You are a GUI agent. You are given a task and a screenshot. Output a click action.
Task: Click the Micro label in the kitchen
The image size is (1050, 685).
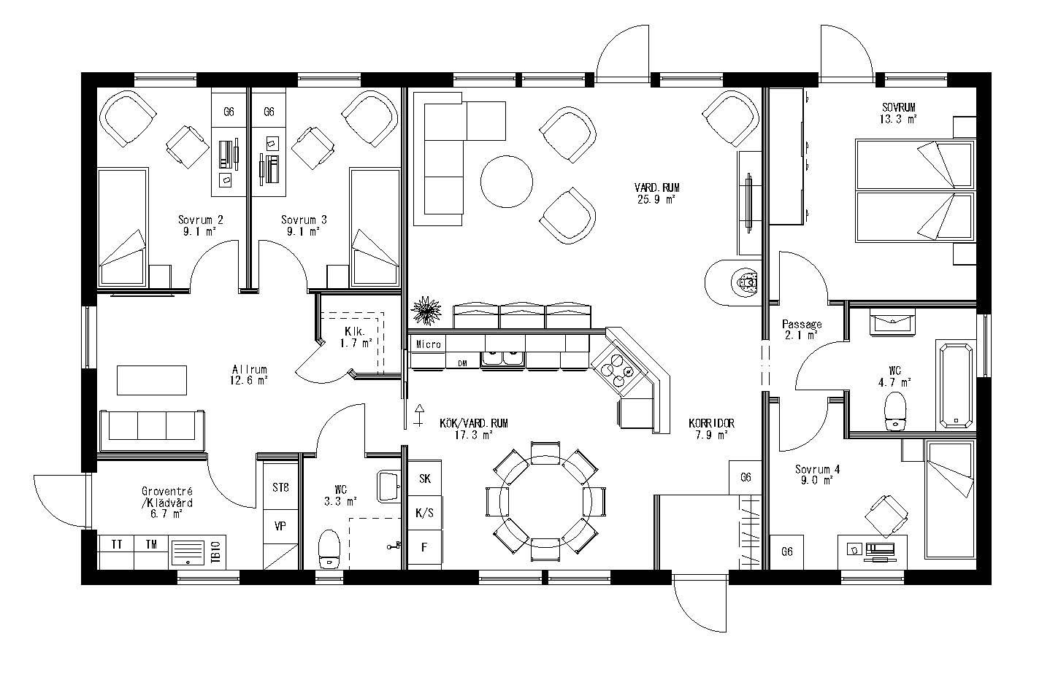(429, 344)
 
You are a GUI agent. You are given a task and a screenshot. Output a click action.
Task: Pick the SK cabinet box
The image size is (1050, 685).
(424, 479)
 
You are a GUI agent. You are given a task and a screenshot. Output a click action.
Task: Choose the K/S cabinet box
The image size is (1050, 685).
(424, 513)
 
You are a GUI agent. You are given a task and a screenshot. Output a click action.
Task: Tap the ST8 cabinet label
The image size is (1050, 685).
(280, 487)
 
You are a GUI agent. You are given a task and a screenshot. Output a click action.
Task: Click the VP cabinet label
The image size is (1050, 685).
(280, 525)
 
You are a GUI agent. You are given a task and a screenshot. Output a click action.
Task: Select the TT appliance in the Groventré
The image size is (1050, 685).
(116, 544)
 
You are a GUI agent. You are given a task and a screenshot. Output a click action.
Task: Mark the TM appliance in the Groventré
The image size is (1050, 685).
(151, 544)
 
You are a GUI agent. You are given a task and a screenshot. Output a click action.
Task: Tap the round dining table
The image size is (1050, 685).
(545, 501)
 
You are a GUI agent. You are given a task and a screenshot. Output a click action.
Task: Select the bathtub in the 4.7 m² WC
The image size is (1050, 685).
(955, 384)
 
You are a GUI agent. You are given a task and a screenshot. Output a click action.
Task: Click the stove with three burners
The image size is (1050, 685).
(615, 370)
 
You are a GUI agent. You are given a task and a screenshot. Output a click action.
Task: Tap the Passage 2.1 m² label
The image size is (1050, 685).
(801, 329)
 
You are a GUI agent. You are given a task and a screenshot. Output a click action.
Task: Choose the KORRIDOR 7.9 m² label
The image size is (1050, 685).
(710, 429)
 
